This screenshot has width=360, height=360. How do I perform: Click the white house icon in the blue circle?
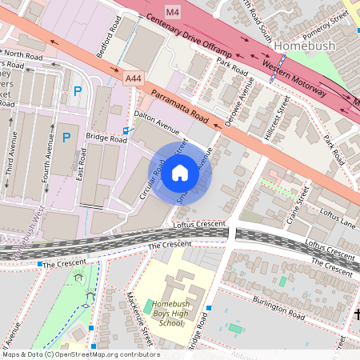pos(180,173)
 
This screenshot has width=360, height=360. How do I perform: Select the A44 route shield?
pos(134,78)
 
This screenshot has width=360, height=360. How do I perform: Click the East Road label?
pos(82,163)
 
